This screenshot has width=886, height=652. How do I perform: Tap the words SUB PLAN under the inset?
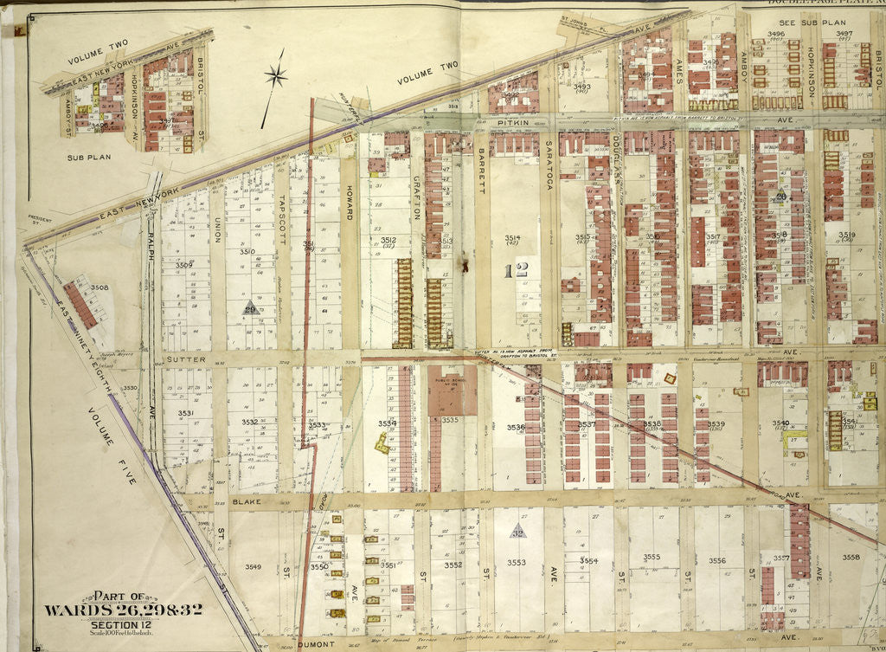[87, 158]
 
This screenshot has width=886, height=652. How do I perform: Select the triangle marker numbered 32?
[517, 532]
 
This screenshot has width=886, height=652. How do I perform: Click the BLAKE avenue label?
[246, 500]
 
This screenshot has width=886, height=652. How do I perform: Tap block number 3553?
[517, 563]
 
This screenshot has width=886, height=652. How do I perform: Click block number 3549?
[253, 566]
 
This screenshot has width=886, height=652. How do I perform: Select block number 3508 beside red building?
[100, 287]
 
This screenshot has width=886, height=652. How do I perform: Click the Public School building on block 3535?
[451, 390]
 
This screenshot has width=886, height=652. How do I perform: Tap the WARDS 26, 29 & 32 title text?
[124, 610]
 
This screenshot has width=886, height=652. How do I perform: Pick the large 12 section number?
[514, 271]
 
